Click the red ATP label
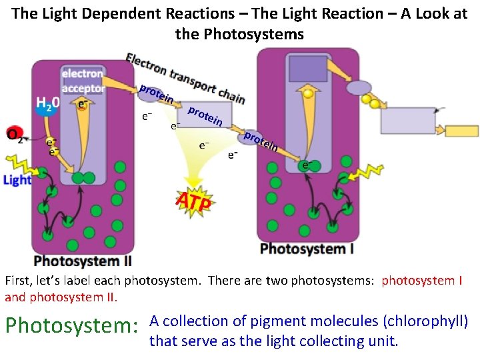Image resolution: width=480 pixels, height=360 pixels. coord(193,201)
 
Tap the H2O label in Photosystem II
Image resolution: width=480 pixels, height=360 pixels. coord(47,103)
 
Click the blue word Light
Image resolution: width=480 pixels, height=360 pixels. coord(17,180)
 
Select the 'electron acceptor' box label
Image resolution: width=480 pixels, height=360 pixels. coord(83,81)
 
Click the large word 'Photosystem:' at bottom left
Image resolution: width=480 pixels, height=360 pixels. coord(72,327)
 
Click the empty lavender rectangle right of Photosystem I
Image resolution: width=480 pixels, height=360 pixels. coord(407,120)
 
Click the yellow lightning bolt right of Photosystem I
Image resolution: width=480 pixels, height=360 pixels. coord(363,173)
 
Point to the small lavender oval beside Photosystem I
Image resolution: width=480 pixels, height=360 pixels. coord(359,87)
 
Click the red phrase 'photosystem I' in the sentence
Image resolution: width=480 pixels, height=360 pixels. coord(422,281)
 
